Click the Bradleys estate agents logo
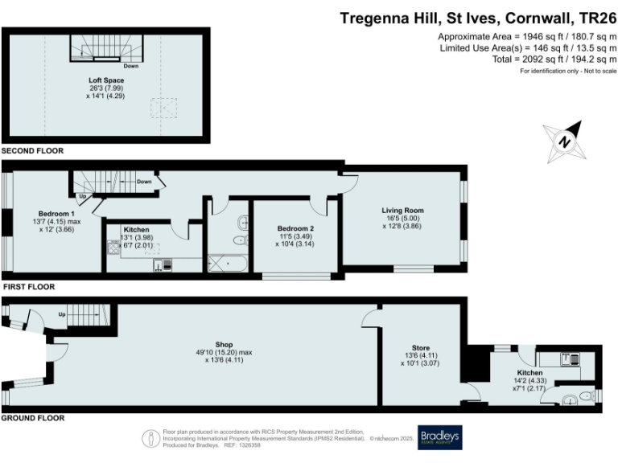point(439,438)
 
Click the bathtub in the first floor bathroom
point(229,263)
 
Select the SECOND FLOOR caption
point(32,151)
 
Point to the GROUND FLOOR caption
point(33,419)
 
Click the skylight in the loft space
point(164,106)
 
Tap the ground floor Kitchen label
point(529,375)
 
